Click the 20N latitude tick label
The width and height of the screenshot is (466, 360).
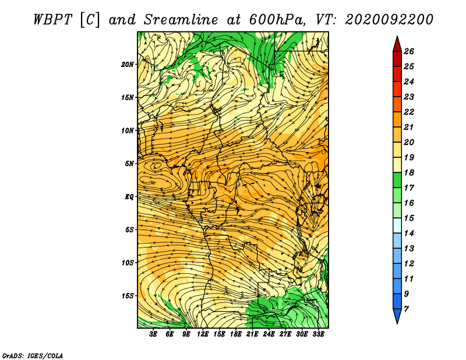pyautogui.click(x=128, y=65)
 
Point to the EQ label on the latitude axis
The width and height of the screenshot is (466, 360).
pyautogui.click(x=129, y=197)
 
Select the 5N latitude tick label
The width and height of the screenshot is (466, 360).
pyautogui.click(x=129, y=164)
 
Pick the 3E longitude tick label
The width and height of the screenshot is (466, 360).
pyautogui.click(x=153, y=334)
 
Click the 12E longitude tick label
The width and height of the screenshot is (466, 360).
pyautogui.click(x=202, y=334)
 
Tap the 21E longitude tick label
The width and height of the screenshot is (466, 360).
pyautogui.click(x=252, y=334)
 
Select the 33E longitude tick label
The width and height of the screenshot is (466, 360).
pyautogui.click(x=318, y=334)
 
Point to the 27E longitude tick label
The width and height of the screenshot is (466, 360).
pyautogui.click(x=285, y=334)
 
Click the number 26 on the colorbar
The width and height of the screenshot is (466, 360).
pyautogui.click(x=409, y=51)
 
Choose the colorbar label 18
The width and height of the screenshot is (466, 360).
pyautogui.click(x=409, y=172)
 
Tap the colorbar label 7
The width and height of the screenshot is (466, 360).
pyautogui.click(x=406, y=309)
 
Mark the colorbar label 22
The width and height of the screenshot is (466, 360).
pyautogui.click(x=409, y=112)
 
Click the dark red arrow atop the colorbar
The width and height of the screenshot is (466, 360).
pyautogui.click(x=397, y=44)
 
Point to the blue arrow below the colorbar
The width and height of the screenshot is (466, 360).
pyautogui.click(x=397, y=316)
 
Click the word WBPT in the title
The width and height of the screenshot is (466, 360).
pyautogui.click(x=53, y=20)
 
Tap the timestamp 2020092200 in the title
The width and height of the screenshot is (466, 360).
pyautogui.click(x=389, y=20)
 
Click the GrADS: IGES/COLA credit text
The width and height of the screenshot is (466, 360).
pyautogui.click(x=33, y=355)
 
